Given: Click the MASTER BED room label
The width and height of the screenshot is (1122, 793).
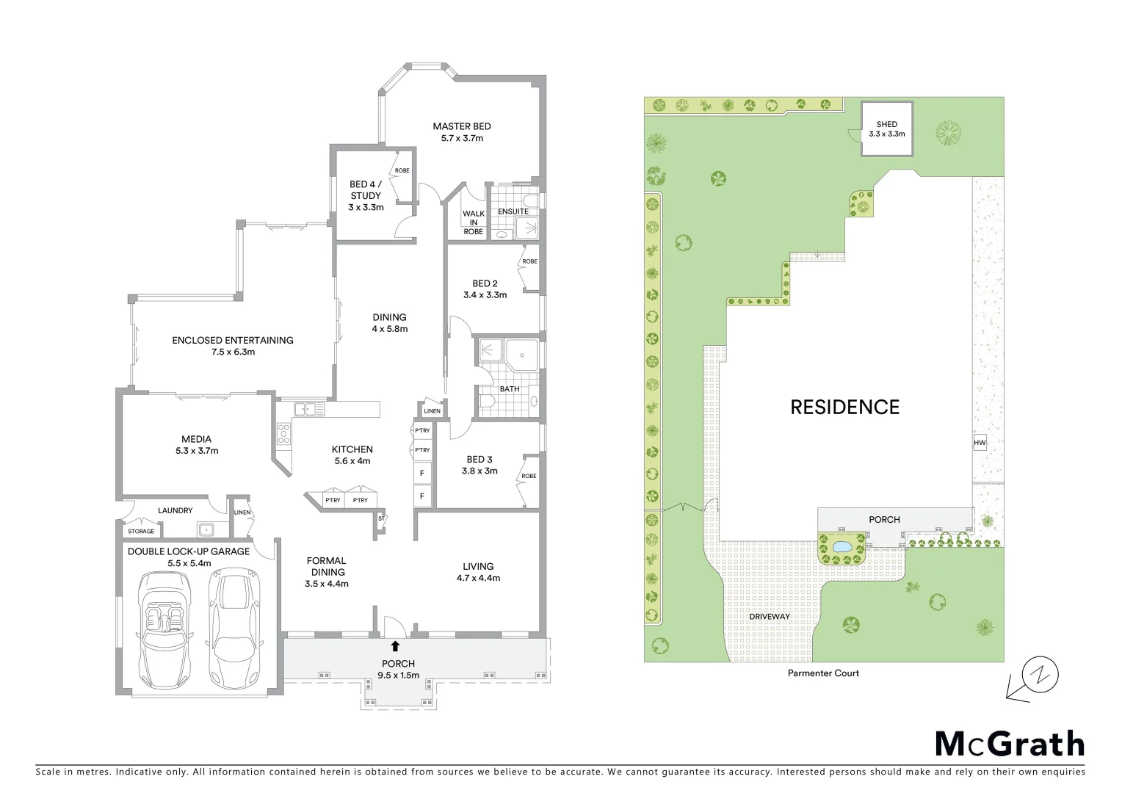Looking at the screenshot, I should (461, 126).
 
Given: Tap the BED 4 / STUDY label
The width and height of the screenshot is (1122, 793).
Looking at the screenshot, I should (365, 190).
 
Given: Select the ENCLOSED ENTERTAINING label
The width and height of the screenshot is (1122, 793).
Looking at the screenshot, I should (232, 340).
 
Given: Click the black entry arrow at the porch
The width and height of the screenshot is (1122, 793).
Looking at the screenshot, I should (395, 646).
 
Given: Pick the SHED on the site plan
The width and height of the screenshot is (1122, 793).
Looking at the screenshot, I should (886, 129).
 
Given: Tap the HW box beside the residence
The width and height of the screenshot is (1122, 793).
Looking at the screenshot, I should (980, 443).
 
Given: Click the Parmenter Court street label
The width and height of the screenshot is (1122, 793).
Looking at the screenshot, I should (822, 673).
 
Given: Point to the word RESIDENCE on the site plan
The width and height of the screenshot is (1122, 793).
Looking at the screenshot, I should (844, 408).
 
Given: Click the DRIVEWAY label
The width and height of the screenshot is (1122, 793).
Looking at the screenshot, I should (770, 617).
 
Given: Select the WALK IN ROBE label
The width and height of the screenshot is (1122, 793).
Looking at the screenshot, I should (474, 222).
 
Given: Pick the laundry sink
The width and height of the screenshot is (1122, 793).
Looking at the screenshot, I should (206, 528).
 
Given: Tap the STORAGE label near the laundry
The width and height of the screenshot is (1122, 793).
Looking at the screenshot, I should (141, 531).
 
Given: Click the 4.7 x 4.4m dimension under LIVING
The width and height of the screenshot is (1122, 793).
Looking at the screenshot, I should (478, 578).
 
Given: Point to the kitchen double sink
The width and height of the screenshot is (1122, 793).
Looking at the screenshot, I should (309, 410).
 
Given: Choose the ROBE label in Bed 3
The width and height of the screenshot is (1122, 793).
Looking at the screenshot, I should (529, 476).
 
